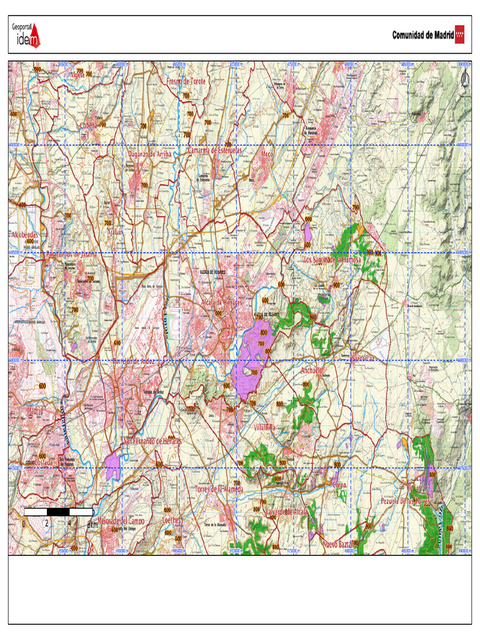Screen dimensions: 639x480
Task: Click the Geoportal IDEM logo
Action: (26, 36)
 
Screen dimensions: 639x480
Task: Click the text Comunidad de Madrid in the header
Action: (422, 36)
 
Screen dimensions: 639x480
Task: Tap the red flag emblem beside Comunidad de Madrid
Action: (460, 35)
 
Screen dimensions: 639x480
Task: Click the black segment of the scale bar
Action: (59, 512)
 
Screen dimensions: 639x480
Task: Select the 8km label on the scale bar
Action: (92, 524)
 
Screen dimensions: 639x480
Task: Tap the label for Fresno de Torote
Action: (186, 82)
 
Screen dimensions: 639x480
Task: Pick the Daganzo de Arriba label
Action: (150, 154)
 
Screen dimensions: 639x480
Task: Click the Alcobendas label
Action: (25, 235)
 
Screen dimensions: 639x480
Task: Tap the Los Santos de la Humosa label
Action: (332, 260)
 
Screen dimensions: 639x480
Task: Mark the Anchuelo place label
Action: (312, 370)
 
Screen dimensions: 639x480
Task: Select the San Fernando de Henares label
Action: (151, 441)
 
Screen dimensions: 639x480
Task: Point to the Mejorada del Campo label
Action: (121, 520)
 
